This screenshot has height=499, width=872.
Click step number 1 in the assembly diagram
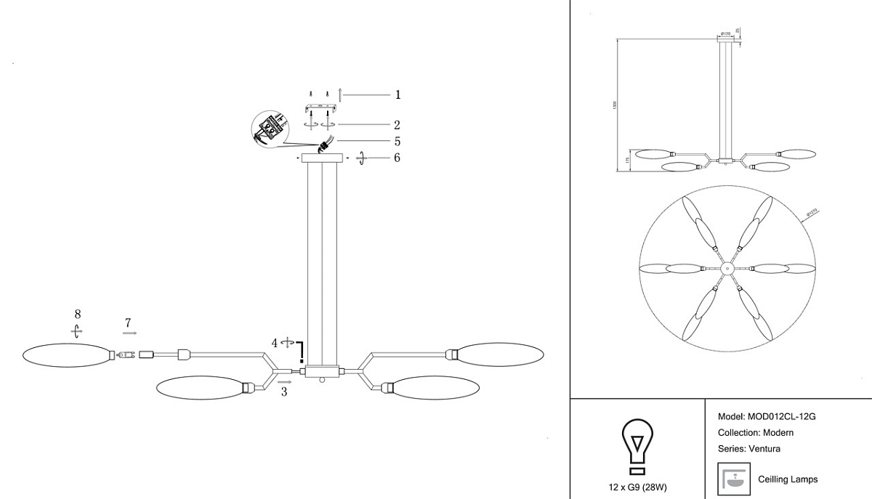pyautogui.click(x=397, y=94)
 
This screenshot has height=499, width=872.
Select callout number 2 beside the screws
pyautogui.click(x=397, y=125)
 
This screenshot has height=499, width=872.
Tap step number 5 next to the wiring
pyautogui.click(x=397, y=142)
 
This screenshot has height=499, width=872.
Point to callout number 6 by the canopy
pyautogui.click(x=397, y=158)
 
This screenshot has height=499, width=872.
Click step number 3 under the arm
pyautogui.click(x=284, y=392)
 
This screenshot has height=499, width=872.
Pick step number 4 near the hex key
pyautogui.click(x=275, y=343)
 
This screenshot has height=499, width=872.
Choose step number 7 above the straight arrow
pyautogui.click(x=128, y=322)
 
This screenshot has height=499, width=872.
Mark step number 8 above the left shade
pyautogui.click(x=77, y=314)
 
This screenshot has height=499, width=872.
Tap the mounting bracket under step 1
pyautogui.click(x=321, y=109)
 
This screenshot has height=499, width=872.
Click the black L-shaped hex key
pyautogui.click(x=300, y=352)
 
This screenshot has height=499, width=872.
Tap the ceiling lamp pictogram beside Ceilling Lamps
pyautogui.click(x=733, y=479)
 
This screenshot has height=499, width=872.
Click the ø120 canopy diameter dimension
pyautogui.click(x=724, y=33)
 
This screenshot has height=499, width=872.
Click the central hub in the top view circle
pyautogui.click(x=725, y=269)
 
